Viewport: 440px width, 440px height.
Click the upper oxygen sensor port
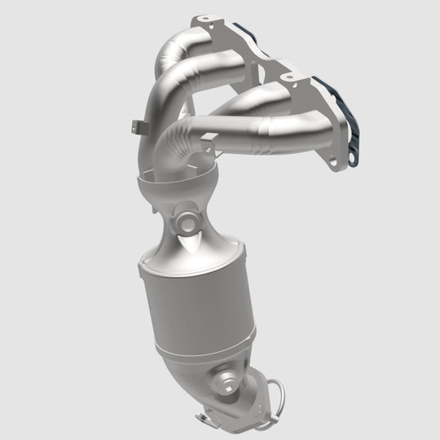[x=187, y=220]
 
